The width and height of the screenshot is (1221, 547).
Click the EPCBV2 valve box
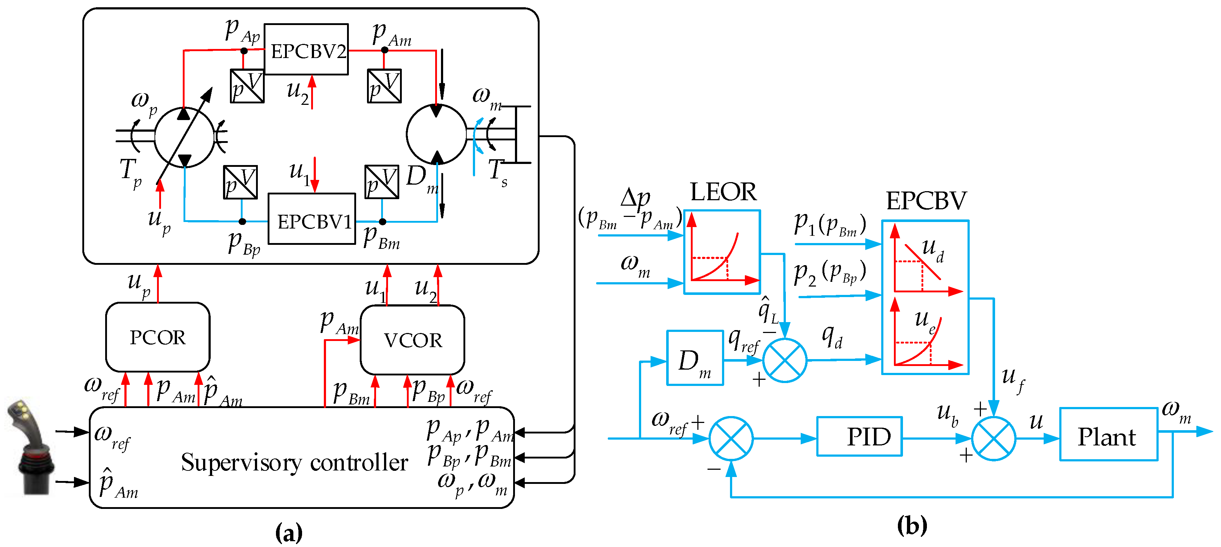point(306,49)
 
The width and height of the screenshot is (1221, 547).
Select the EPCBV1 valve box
point(312,218)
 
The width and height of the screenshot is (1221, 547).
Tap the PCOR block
point(158,337)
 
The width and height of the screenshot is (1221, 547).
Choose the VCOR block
point(412,340)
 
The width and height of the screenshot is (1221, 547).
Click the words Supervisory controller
point(294,462)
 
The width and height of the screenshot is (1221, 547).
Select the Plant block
point(1109,434)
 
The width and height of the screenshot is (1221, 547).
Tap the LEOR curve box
point(722,252)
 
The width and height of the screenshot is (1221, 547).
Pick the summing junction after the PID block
point(994,439)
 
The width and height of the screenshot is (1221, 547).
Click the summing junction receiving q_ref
point(784,360)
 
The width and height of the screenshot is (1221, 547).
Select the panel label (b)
point(912,525)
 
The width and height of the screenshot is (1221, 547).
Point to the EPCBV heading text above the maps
point(926,201)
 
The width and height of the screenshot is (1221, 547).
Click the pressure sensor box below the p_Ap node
point(247,86)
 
